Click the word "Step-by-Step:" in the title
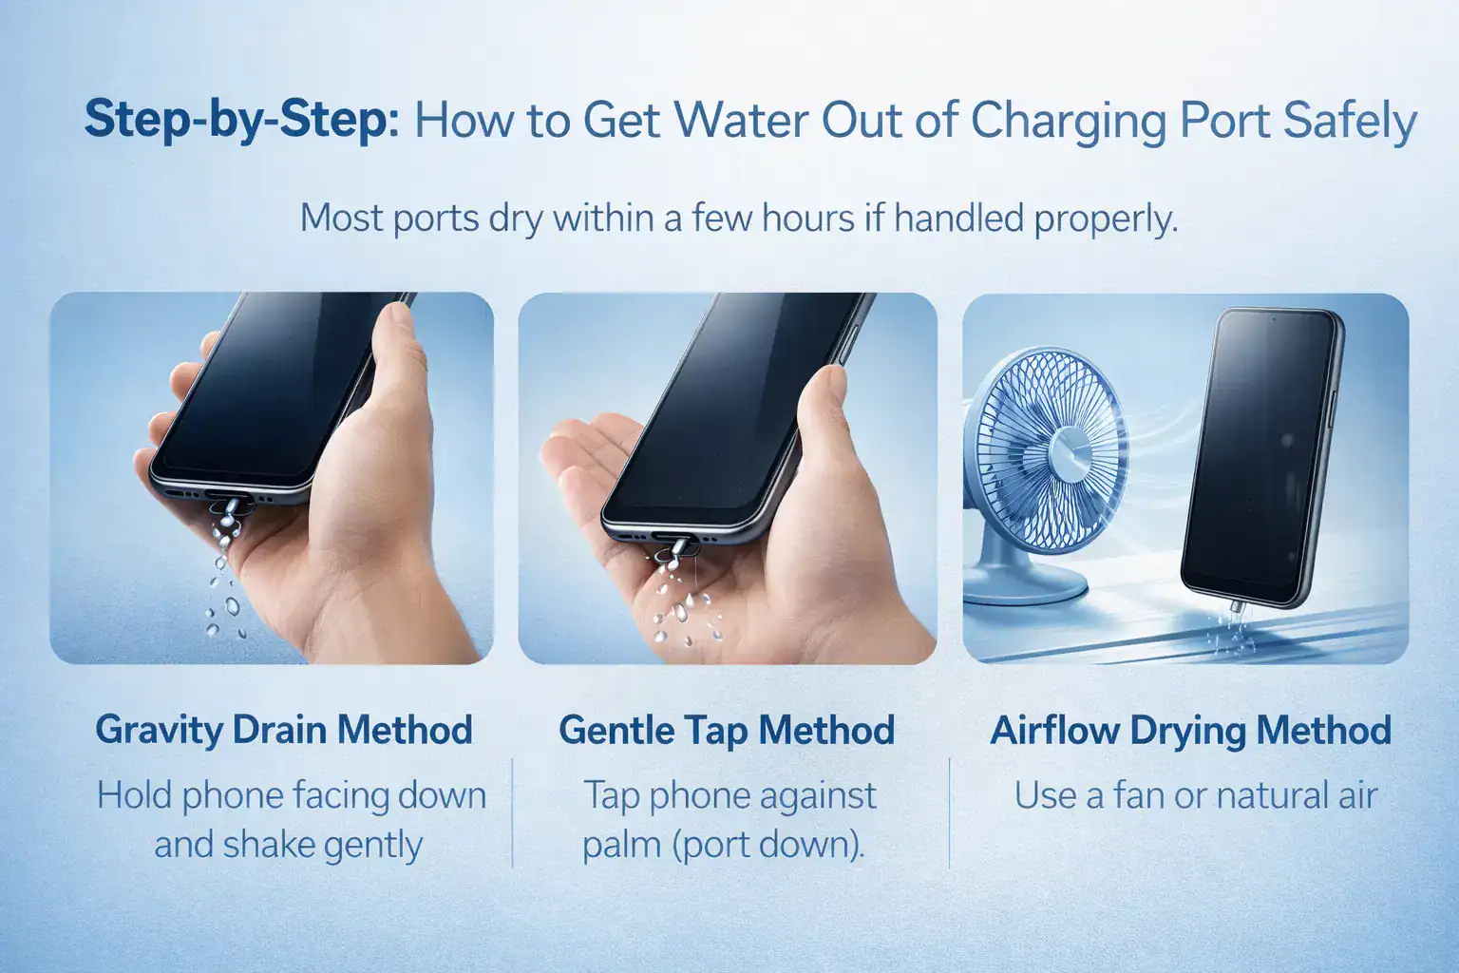pos(241,120)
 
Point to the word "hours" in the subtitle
pos(807,218)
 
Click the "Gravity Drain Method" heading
pos(284,730)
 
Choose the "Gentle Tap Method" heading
pos(727,730)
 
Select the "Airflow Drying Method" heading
pos(1190,730)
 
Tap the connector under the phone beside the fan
pos(1236,607)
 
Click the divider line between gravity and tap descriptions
pos(512,812)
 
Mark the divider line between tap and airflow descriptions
pos(950,812)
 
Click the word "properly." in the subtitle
pos(1107,219)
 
